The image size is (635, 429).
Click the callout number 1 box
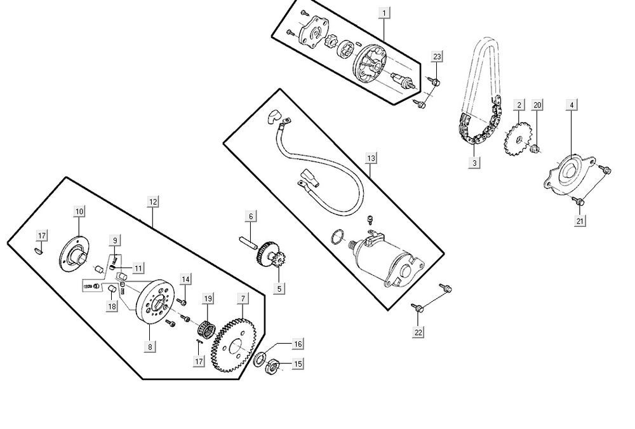click(384, 12)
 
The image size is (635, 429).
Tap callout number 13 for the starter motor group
click(371, 157)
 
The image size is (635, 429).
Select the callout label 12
click(152, 201)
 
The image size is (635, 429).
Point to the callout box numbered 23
click(437, 57)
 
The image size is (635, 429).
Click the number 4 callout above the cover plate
click(573, 106)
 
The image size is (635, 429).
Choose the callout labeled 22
click(418, 331)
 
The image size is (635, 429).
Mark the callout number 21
click(580, 221)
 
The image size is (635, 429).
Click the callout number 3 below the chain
click(474, 163)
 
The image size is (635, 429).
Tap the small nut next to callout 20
click(535, 149)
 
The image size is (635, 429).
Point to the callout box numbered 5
click(279, 289)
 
